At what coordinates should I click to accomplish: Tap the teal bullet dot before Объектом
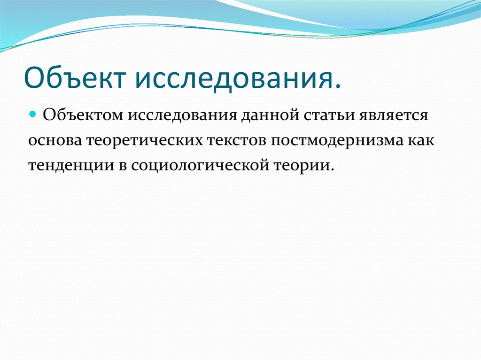[32, 114]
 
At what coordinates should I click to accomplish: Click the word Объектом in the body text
[82, 115]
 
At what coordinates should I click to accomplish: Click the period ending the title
[338, 85]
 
